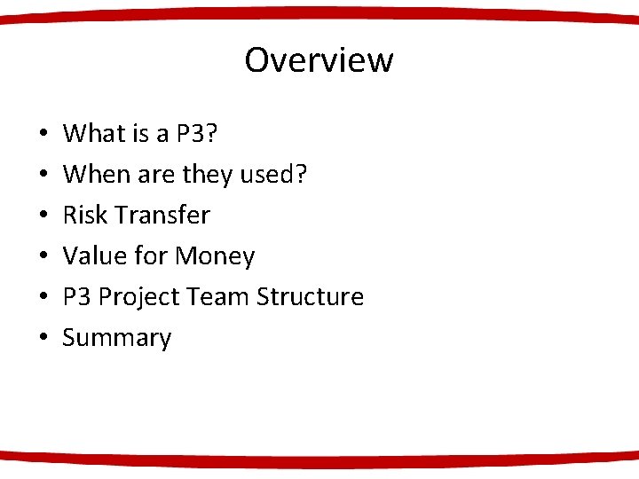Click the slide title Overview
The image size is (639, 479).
(319, 60)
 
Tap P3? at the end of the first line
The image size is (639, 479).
(196, 134)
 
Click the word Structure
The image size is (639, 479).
(310, 297)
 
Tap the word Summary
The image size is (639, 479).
(116, 338)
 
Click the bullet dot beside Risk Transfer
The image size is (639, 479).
(43, 216)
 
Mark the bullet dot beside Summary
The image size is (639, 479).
(43, 339)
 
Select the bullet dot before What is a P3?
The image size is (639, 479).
(43, 135)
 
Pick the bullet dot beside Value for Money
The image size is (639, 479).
(43, 257)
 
